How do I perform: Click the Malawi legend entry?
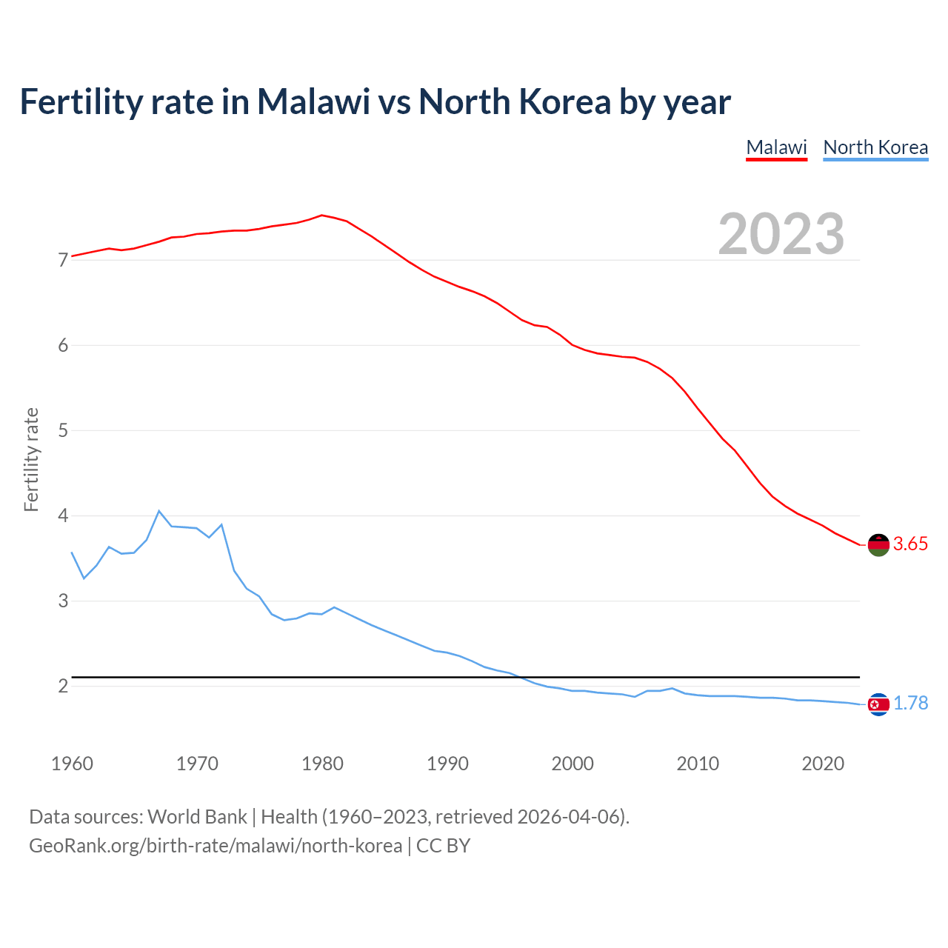(x=776, y=147)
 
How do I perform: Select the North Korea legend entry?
(x=875, y=147)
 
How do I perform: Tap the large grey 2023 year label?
(x=781, y=234)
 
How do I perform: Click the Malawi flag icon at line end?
(x=878, y=544)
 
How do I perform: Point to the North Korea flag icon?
(x=878, y=704)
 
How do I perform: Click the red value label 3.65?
(x=910, y=544)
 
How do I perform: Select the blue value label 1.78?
(x=910, y=704)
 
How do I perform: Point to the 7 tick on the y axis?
(x=63, y=261)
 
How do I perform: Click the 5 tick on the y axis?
(x=63, y=431)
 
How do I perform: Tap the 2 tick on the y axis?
(x=63, y=687)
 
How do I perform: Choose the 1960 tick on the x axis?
(x=72, y=764)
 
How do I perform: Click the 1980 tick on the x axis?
(x=322, y=764)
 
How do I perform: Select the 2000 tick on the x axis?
(x=573, y=764)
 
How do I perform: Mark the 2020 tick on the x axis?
(x=823, y=764)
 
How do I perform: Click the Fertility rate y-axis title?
(x=31, y=459)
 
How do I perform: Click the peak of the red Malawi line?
(x=321, y=216)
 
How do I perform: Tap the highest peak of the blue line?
(x=158, y=511)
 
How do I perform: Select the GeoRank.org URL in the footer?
(x=216, y=846)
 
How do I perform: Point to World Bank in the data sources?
(x=197, y=817)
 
